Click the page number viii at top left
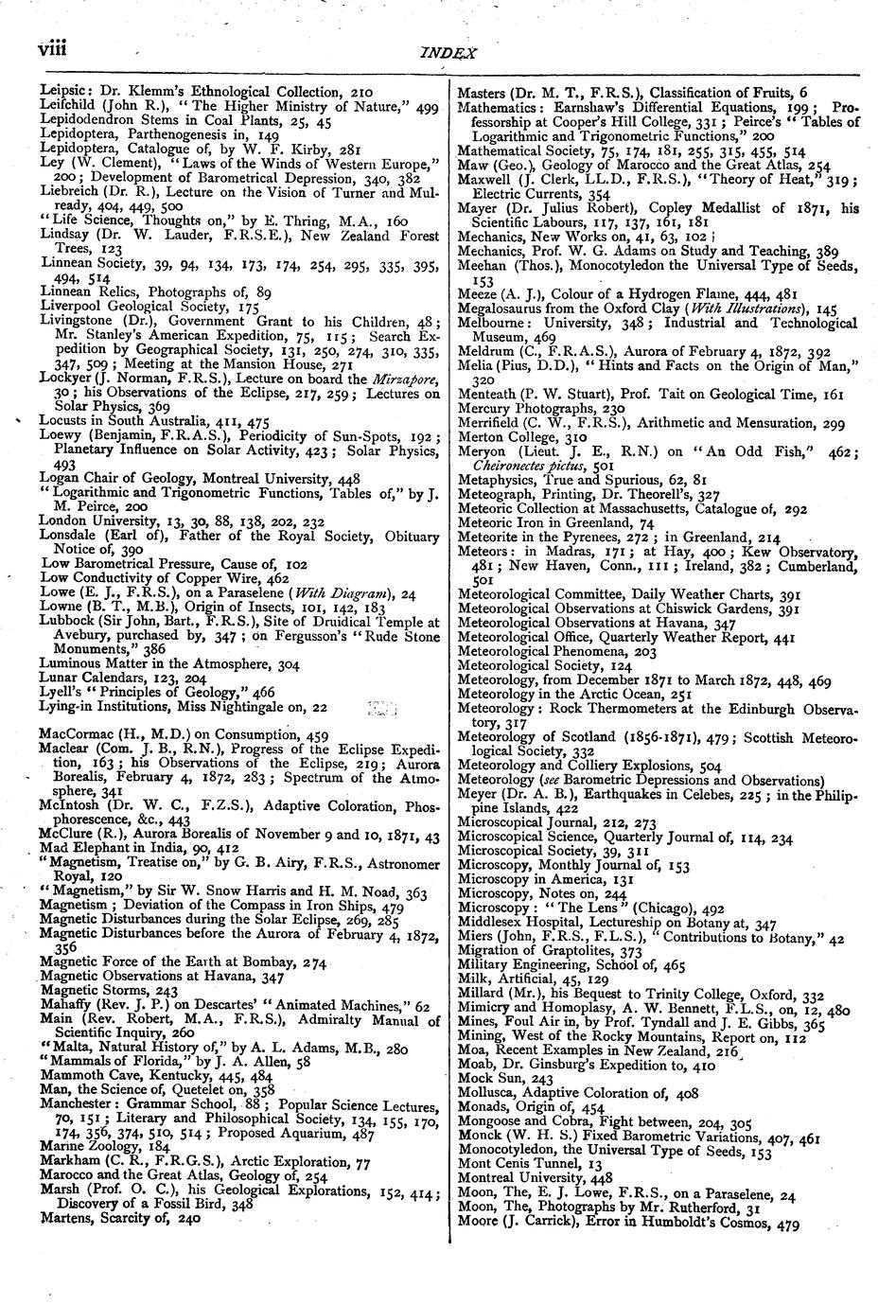pos(56,46)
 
